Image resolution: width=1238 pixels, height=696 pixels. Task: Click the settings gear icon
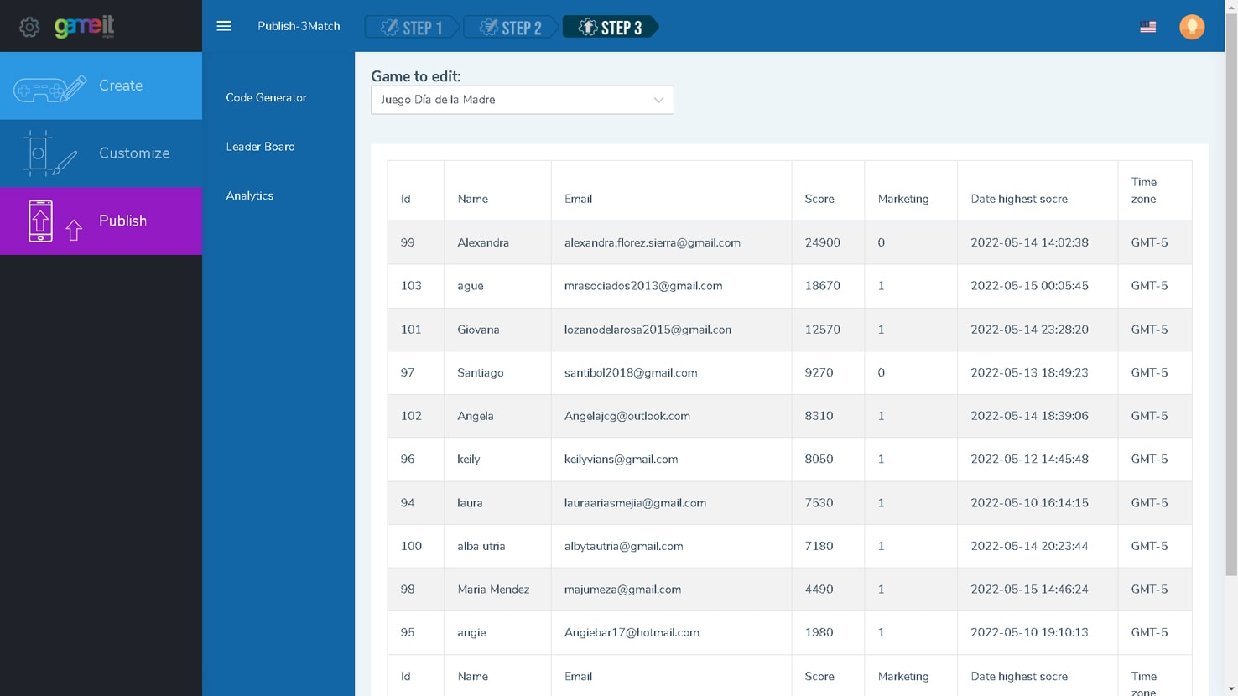pos(29,27)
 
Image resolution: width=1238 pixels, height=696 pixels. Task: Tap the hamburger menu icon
pos(224,26)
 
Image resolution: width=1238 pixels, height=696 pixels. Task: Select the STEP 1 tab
pos(412,27)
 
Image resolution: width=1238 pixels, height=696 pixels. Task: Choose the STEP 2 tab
pos(511,27)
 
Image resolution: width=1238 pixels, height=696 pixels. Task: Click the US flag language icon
pos(1148,27)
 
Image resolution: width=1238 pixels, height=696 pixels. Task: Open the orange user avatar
pos(1192,27)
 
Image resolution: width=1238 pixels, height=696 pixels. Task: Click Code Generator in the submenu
pos(266,98)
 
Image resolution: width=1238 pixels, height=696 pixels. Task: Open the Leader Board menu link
pos(260,147)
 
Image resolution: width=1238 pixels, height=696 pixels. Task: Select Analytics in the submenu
pos(249,195)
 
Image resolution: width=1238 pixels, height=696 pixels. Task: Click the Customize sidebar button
pos(101,153)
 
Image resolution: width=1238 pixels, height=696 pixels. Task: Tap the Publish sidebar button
pos(101,221)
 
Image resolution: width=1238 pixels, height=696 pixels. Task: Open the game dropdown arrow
pos(658,100)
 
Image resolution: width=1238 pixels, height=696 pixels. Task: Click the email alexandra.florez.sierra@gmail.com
pos(653,242)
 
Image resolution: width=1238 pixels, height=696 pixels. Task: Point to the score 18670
pos(822,286)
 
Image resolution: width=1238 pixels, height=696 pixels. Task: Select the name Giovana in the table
pos(478,330)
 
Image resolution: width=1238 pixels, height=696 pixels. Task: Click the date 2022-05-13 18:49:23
pos(1029,372)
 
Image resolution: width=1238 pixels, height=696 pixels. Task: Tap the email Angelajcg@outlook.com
pos(627,416)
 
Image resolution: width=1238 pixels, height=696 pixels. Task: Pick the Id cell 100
pos(411,546)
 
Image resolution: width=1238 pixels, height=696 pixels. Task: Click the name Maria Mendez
pos(493,590)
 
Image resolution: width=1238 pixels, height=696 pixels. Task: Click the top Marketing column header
pos(903,199)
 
